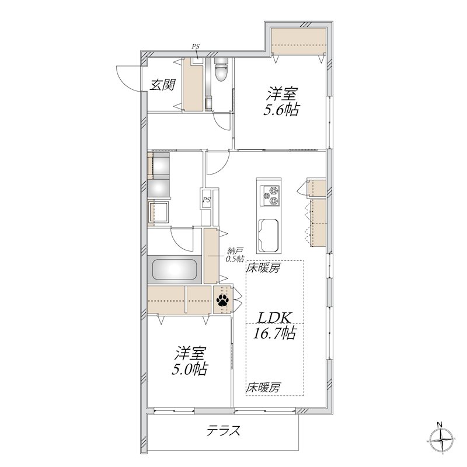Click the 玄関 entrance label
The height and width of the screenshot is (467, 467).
click(162, 85)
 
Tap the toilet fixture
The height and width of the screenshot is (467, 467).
click(221, 69)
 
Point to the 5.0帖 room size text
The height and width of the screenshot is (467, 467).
click(189, 370)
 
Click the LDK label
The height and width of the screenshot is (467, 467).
click(274, 318)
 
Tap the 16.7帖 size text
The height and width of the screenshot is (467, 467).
click(274, 333)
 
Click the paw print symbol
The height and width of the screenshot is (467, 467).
click(222, 300)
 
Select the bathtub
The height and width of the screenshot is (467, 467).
click(175, 269)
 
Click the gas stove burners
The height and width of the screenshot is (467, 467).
click(270, 196)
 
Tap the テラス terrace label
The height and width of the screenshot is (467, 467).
click(224, 431)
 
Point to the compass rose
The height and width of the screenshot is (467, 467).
click(441, 440)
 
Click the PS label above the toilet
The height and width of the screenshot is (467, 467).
click(196, 47)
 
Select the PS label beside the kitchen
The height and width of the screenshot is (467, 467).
click(207, 200)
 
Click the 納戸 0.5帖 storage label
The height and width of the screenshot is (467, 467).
click(235, 255)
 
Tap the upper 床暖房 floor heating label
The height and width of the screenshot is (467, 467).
click(263, 269)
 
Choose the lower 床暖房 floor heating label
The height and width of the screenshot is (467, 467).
click(263, 388)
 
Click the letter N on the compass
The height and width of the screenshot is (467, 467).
click(439, 424)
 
